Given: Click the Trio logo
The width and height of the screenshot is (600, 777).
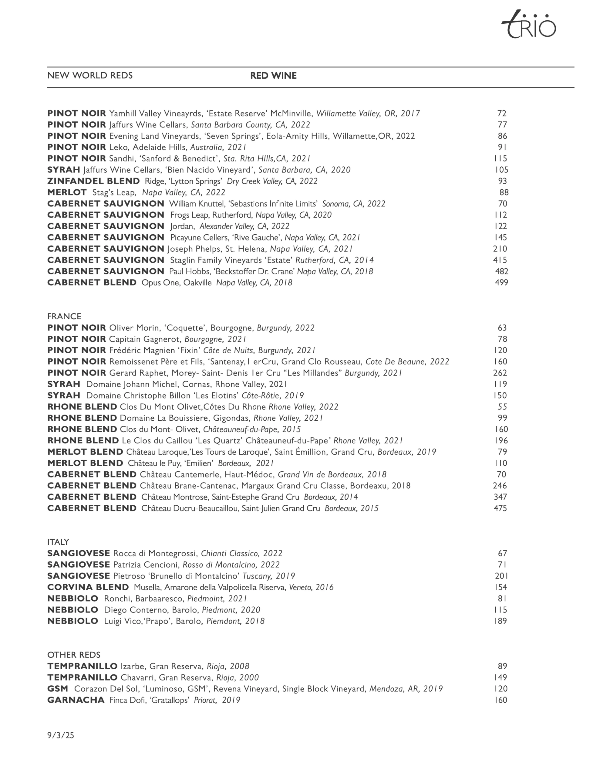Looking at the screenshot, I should [x=529, y=25].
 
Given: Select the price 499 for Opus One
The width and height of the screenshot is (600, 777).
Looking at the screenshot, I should [x=501, y=283].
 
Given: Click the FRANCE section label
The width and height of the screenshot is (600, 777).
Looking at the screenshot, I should [x=64, y=316].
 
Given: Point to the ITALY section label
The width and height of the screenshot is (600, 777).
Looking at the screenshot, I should [x=58, y=542].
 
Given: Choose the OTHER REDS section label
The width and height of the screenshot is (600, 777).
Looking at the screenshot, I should [x=74, y=655].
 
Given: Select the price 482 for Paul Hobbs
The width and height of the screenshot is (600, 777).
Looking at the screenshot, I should [x=501, y=271].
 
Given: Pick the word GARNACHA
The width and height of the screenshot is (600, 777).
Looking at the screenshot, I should [x=76, y=700].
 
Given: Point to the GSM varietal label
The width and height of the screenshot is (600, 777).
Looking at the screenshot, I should [x=57, y=689].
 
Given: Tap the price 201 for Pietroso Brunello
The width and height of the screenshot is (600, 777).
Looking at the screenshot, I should [x=501, y=576].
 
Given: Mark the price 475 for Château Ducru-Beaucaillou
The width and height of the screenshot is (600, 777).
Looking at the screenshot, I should [x=500, y=508].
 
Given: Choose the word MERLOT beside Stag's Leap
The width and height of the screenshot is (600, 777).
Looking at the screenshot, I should [x=67, y=192].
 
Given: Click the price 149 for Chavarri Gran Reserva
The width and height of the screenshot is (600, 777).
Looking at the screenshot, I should [x=500, y=677].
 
